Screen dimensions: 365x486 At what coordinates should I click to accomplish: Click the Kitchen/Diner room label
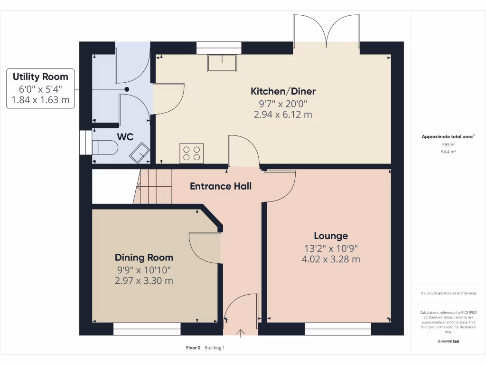(283, 91)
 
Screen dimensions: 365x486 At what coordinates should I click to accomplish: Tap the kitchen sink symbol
(222, 63)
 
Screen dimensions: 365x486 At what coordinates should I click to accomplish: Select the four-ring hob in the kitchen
(191, 153)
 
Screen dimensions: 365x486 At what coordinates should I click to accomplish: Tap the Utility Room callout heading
(40, 77)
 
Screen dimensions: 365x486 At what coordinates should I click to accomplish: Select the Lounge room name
(331, 236)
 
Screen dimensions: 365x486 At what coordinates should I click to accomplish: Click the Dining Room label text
(144, 258)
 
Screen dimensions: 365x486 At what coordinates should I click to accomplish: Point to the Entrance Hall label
(221, 186)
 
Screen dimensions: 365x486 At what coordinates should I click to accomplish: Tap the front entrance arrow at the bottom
(240, 332)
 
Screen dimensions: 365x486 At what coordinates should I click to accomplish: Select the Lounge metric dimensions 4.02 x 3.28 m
(331, 259)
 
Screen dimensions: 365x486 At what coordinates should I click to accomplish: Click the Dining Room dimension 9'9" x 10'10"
(144, 269)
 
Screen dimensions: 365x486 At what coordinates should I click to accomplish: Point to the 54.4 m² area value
(448, 152)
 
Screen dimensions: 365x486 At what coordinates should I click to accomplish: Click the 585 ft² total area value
(448, 144)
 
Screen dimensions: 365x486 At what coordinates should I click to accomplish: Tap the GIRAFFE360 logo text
(448, 342)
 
